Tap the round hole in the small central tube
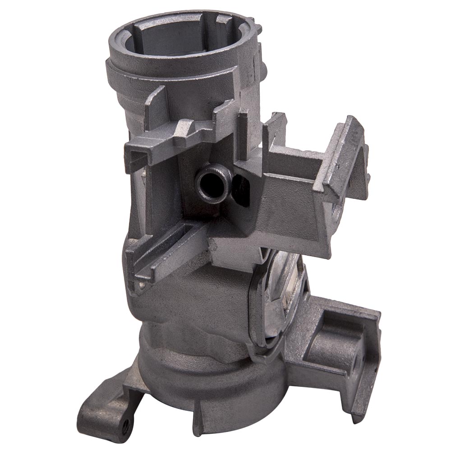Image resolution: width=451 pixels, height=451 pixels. click(x=210, y=183)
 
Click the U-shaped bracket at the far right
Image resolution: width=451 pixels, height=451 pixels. click(x=347, y=158)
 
